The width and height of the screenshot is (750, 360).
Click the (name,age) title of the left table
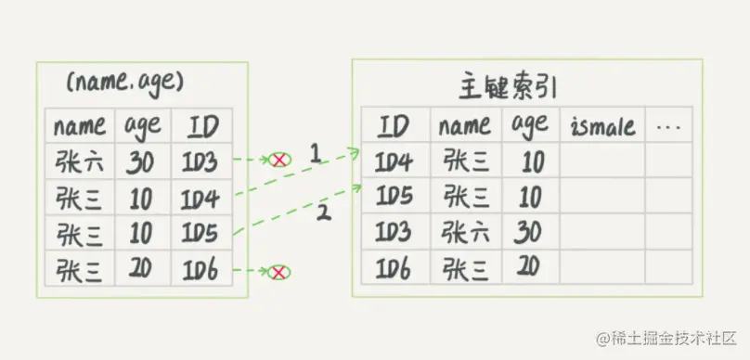(x=124, y=84)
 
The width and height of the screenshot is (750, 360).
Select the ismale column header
(x=601, y=125)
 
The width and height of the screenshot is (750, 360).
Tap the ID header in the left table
(x=202, y=125)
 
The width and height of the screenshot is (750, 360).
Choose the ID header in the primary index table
(x=394, y=125)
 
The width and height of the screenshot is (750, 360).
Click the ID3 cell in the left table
(x=202, y=162)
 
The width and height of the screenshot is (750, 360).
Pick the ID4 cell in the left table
(x=202, y=199)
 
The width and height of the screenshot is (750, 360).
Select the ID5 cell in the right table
(x=394, y=197)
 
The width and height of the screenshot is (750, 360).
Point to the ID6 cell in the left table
(x=202, y=270)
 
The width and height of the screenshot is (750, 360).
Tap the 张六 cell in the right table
(x=466, y=232)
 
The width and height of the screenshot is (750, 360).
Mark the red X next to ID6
(x=277, y=272)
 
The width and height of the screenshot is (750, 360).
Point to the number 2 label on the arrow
(x=324, y=213)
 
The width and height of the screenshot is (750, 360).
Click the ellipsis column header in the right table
(x=668, y=125)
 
